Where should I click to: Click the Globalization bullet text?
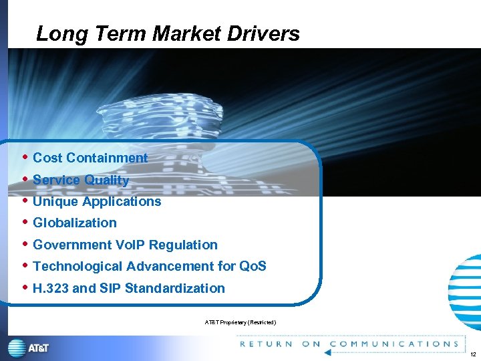pyautogui.click(x=75, y=223)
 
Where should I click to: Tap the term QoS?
pyautogui.click(x=253, y=266)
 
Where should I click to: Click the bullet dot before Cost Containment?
pyautogui.click(x=25, y=158)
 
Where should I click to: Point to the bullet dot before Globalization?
pyautogui.click(x=25, y=223)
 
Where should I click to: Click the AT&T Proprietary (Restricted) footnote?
pyautogui.click(x=240, y=323)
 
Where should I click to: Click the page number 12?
pyautogui.click(x=472, y=354)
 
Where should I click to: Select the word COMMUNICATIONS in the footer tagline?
pyautogui.click(x=394, y=344)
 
